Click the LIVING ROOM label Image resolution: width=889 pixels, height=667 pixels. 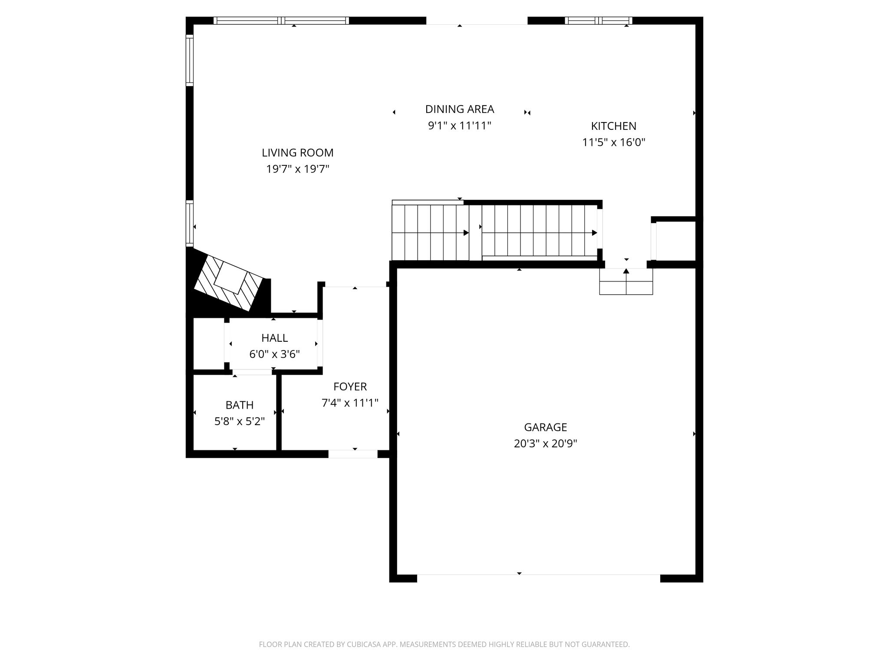(x=297, y=153)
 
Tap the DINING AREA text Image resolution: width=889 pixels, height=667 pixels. (x=460, y=109)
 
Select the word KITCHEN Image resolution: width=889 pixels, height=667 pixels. (x=613, y=126)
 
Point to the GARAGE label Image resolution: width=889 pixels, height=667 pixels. (x=545, y=427)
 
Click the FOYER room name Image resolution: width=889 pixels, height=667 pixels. (x=350, y=386)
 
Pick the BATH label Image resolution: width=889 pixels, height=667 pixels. (x=240, y=405)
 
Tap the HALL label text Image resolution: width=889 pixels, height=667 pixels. (x=274, y=338)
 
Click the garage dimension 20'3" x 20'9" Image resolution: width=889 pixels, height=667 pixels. (x=545, y=444)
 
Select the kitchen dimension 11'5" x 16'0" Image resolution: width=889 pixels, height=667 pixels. (x=613, y=142)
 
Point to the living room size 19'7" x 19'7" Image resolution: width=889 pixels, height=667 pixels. (x=297, y=169)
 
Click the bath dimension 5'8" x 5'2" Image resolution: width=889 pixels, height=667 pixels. (x=240, y=421)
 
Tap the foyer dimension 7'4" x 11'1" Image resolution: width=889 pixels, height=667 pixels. (x=350, y=403)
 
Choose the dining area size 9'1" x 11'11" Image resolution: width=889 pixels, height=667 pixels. (x=460, y=126)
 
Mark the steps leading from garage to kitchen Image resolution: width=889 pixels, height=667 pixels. (x=626, y=281)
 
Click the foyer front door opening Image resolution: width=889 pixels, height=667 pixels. (x=353, y=454)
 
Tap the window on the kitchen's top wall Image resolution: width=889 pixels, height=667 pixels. (x=599, y=20)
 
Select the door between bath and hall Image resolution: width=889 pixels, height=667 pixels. (x=252, y=372)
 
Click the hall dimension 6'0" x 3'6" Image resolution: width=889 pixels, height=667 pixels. (x=274, y=354)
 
